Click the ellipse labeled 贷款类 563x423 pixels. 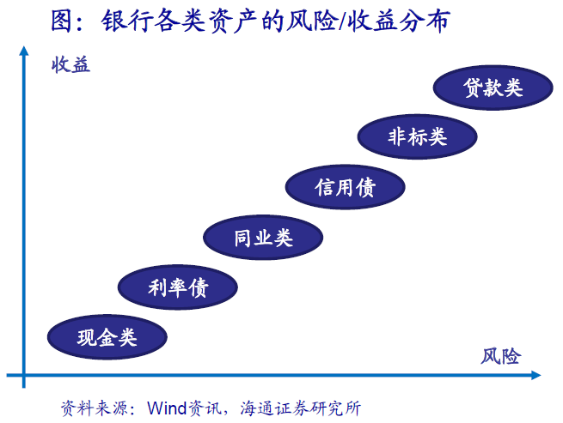(493, 88)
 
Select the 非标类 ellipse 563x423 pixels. (417, 136)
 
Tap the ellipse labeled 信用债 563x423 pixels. (345, 187)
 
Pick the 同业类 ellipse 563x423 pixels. (263, 238)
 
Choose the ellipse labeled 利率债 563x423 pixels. (178, 287)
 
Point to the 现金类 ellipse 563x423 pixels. (107, 337)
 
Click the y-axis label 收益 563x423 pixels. (70, 65)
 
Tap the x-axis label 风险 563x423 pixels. (500, 356)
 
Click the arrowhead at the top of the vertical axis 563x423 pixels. (24, 51)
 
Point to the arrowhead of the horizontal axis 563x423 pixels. (536, 375)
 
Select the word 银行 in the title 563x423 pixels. (126, 21)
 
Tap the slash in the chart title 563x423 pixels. (341, 21)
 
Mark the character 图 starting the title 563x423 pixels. (62, 21)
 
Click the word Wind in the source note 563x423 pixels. (167, 408)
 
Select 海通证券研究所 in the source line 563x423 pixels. (300, 408)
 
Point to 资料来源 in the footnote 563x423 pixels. (94, 408)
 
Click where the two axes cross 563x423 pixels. (24, 375)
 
